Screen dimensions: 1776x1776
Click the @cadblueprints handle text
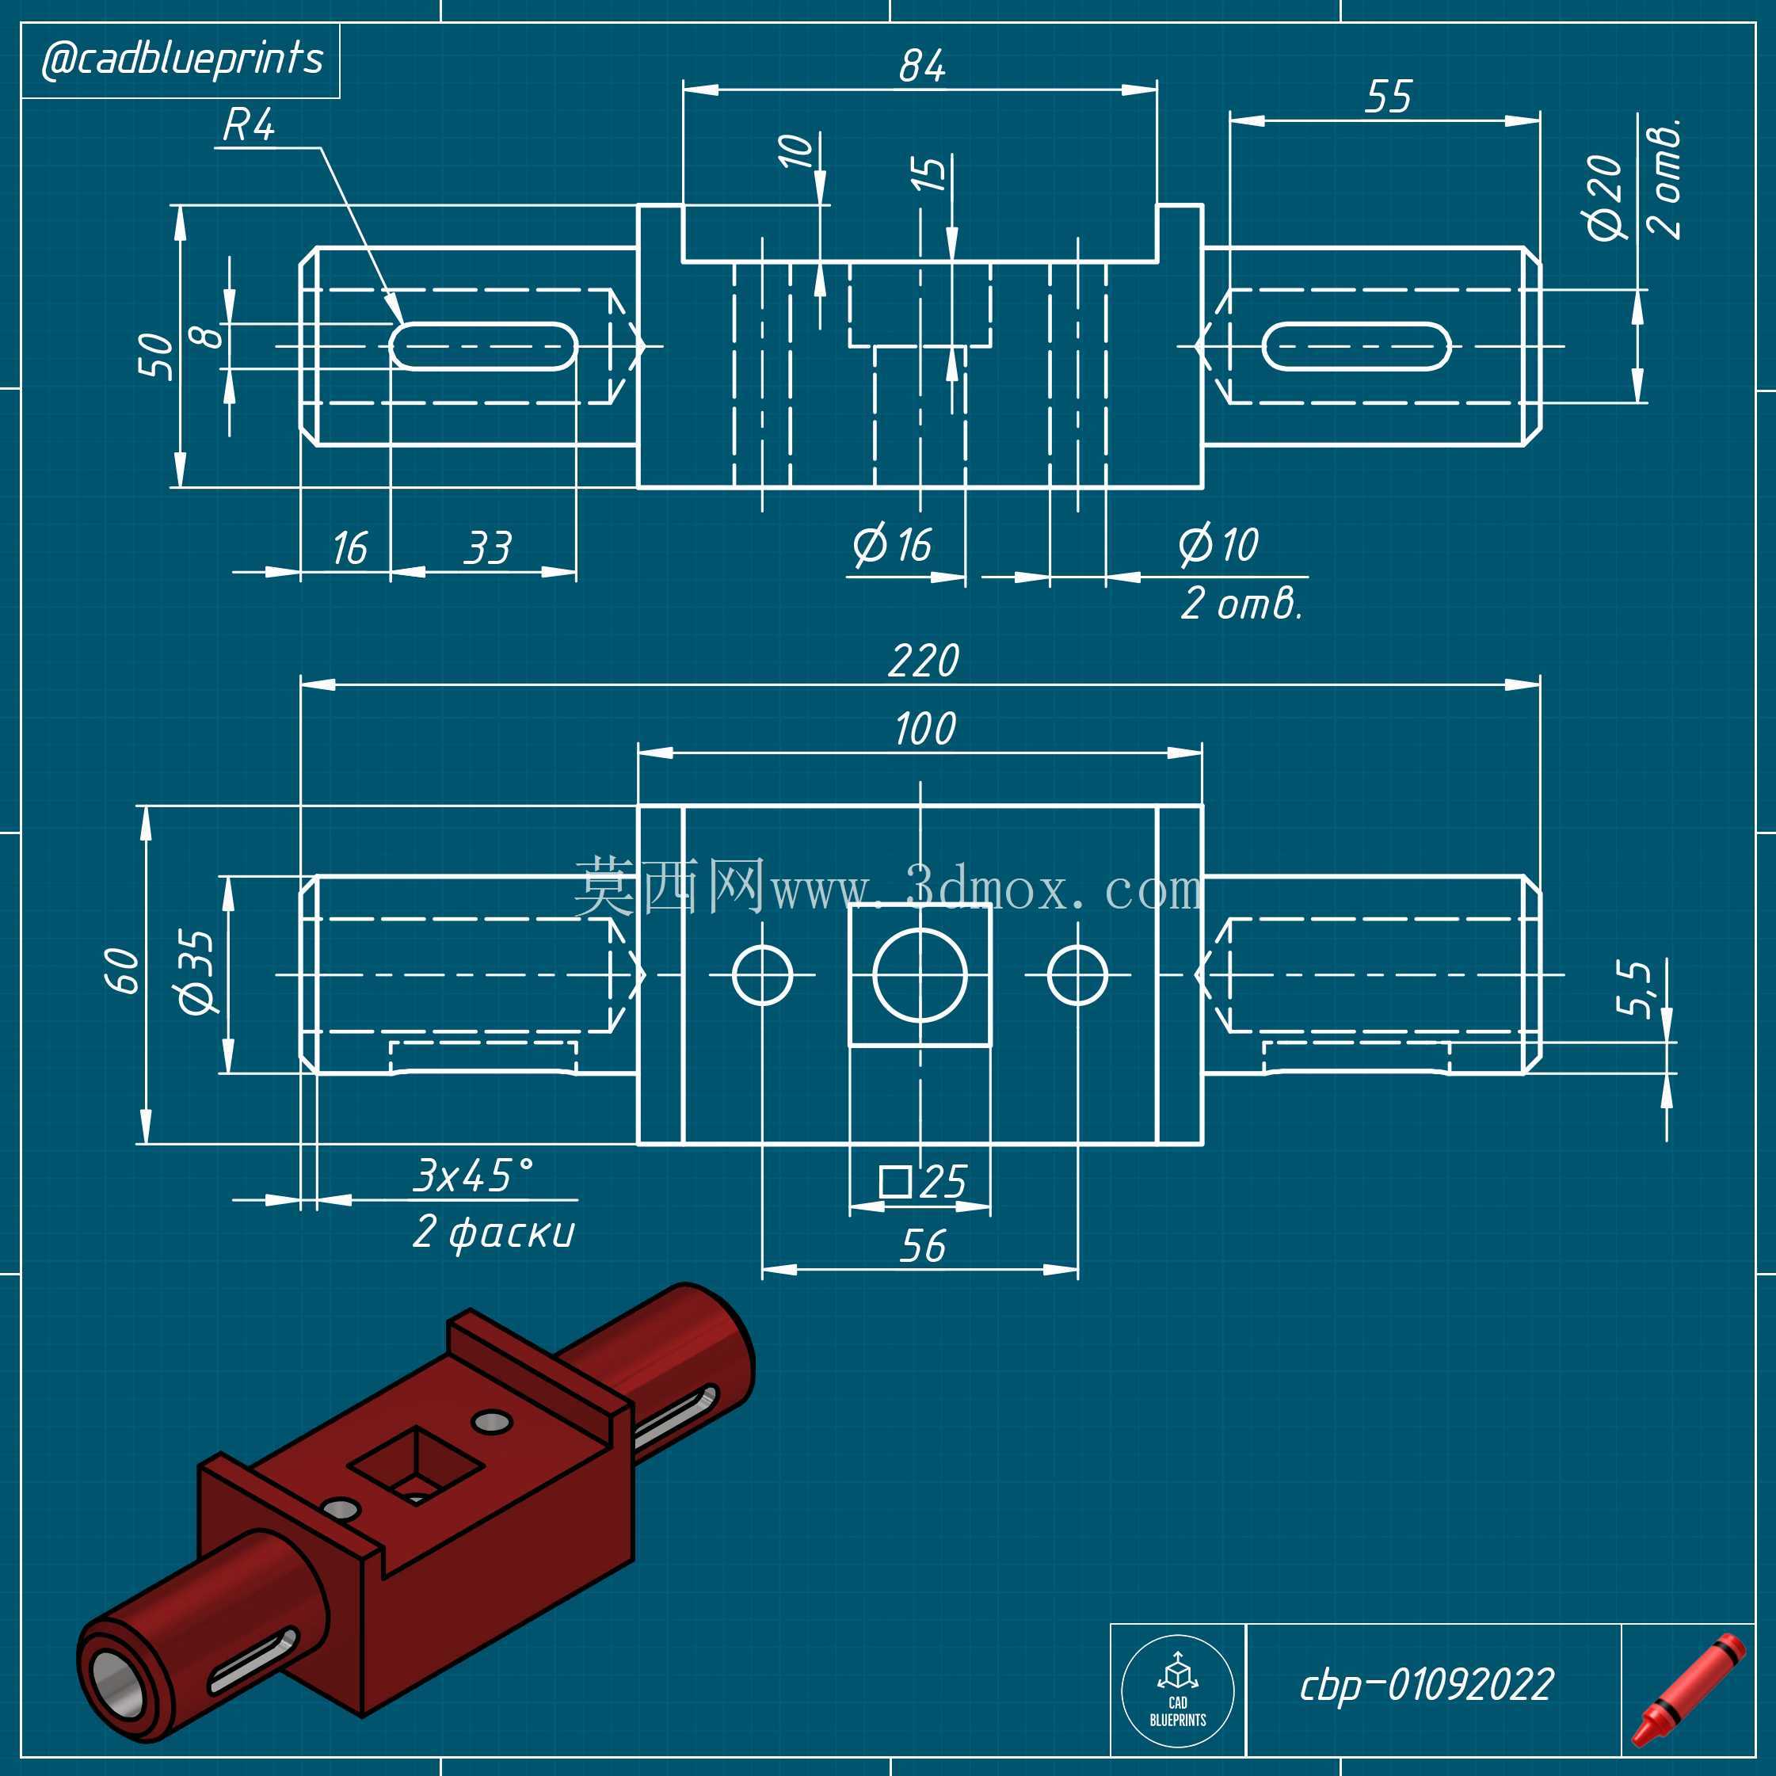click(x=182, y=59)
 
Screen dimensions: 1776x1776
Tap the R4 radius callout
click(x=248, y=125)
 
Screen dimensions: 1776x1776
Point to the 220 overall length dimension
click(x=924, y=661)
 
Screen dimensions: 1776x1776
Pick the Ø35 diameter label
click(x=196, y=972)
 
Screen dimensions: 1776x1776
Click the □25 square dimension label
click(x=922, y=1181)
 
